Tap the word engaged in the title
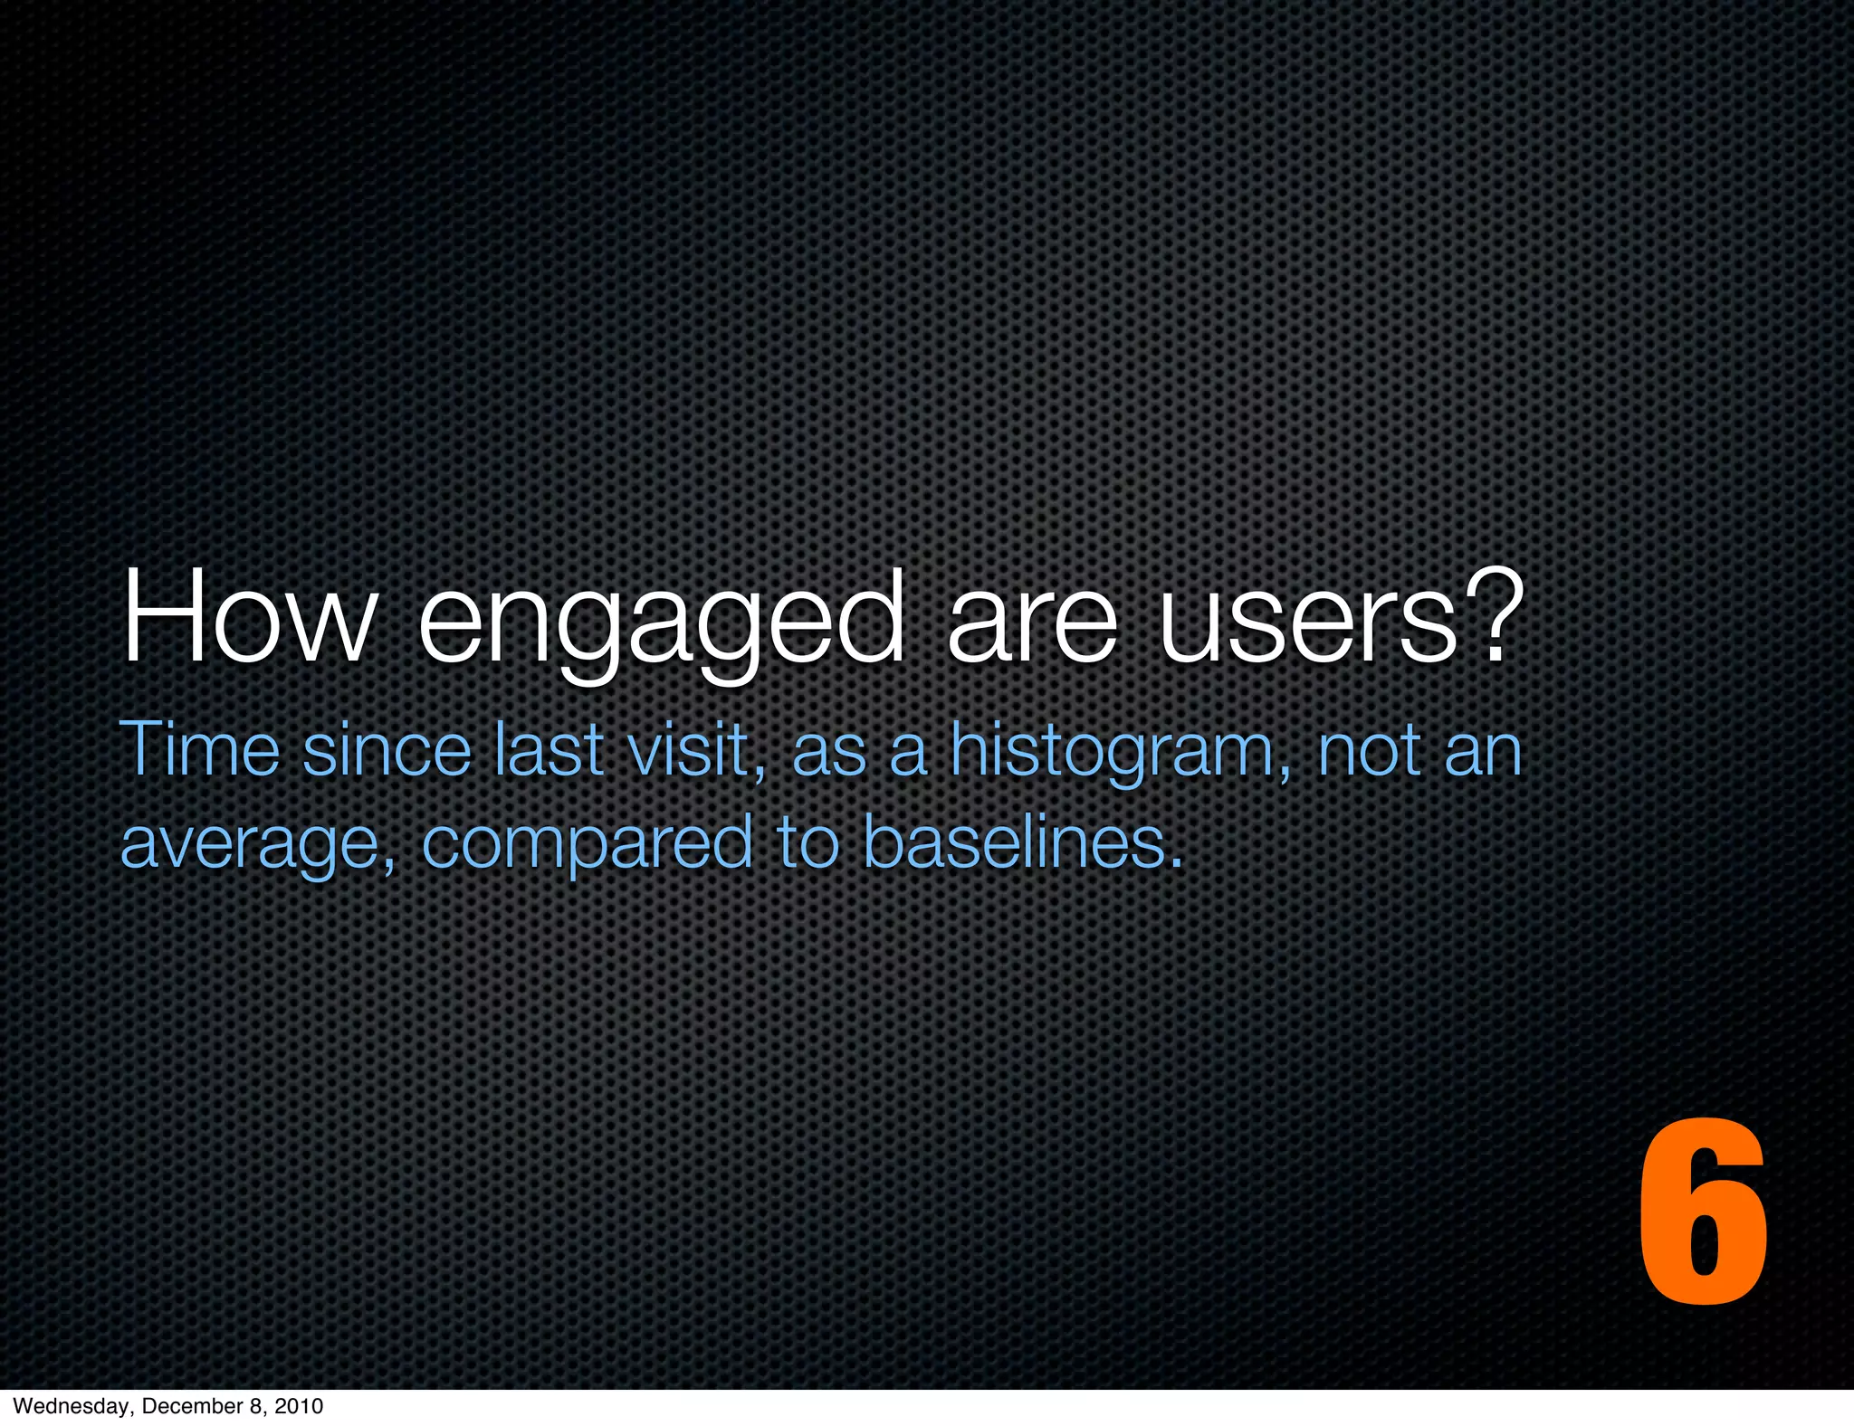pyautogui.click(x=661, y=624)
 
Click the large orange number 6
pyautogui.click(x=1702, y=1212)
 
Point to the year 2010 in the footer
pyautogui.click(x=299, y=1406)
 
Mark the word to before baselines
pyautogui.click(x=807, y=841)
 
